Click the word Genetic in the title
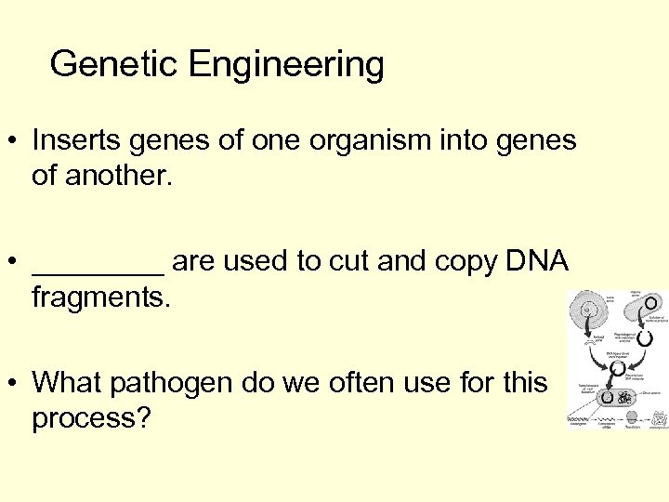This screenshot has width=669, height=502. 114,65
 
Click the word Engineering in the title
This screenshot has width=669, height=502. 286,65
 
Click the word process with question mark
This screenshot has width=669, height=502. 91,419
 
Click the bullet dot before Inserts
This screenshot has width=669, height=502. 15,142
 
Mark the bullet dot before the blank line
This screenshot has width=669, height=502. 15,263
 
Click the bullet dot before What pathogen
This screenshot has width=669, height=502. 15,383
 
